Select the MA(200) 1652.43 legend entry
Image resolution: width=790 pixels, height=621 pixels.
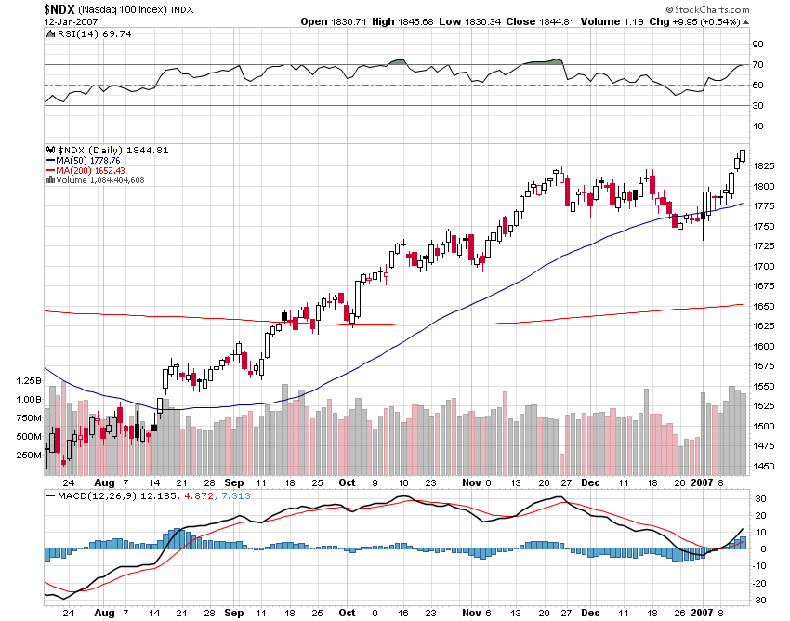point(92,169)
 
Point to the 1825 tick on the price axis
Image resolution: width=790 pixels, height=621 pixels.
point(763,165)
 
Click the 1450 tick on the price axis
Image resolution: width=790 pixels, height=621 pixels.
point(763,467)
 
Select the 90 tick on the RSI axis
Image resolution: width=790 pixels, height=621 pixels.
point(757,44)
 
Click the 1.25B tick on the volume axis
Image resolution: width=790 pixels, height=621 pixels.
point(29,381)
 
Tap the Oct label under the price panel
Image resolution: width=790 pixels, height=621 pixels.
point(347,483)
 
